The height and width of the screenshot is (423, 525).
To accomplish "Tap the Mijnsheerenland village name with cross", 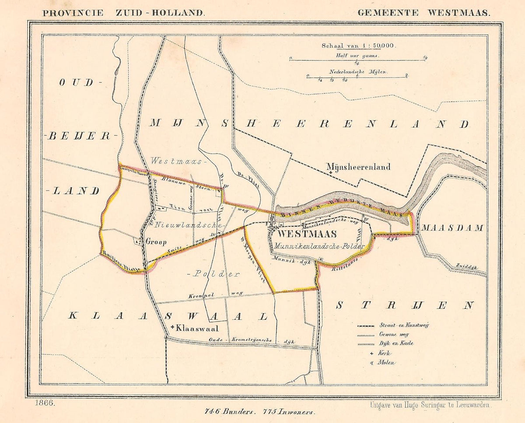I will pyautogui.click(x=359, y=167).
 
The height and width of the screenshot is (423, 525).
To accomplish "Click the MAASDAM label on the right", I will pyautogui.click(x=452, y=228).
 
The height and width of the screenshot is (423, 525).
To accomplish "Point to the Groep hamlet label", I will pyautogui.click(x=156, y=242).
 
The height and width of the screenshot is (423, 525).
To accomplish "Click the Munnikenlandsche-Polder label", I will pyautogui.click(x=319, y=247).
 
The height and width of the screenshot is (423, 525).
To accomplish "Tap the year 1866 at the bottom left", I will pyautogui.click(x=45, y=403).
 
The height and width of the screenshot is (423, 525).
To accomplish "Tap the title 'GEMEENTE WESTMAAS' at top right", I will pyautogui.click(x=423, y=13).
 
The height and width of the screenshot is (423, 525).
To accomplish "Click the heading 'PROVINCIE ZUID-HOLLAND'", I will pyautogui.click(x=123, y=13).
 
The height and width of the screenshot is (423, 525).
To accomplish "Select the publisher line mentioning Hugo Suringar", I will pyautogui.click(x=430, y=405).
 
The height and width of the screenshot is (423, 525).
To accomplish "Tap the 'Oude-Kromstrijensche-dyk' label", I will pyautogui.click(x=252, y=341).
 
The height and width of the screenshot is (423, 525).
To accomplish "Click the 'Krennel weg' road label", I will pyautogui.click(x=216, y=296).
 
